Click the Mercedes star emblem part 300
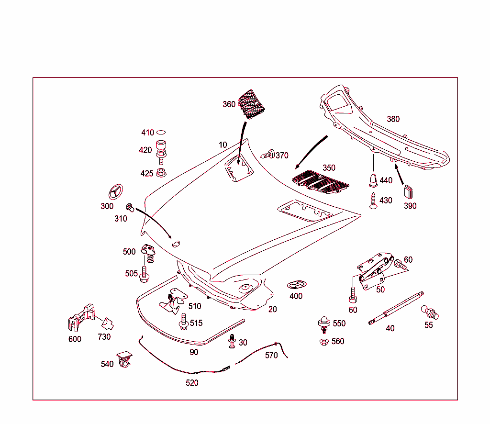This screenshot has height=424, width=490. coord(115,192)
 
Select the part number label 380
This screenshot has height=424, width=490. coord(393,119)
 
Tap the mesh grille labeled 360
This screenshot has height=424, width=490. coord(251,103)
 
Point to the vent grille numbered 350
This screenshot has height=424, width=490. coord(320,182)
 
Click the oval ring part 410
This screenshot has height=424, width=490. coord(162,133)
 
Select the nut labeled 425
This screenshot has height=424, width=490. coord(161,172)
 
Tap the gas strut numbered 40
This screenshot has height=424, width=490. coord(396,308)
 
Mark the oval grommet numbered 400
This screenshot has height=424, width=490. coord(295,285)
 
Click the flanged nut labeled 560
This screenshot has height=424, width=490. coord(323,342)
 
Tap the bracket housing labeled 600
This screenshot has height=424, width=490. coord(79,318)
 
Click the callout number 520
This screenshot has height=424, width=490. coord(192,383)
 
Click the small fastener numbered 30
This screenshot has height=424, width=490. coord(232,341)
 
